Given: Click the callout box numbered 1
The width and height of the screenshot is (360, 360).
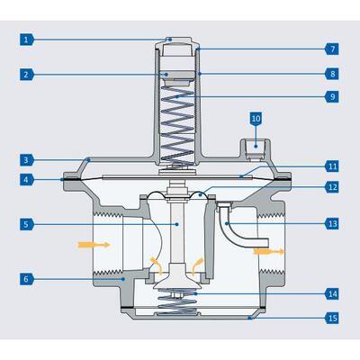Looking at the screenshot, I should coord(29,40).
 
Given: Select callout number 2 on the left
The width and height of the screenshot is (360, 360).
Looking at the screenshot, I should coord(29,74).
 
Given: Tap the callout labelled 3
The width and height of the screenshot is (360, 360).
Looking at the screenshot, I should coord(29,159).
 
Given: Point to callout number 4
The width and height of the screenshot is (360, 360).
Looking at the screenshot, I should coord(29,179).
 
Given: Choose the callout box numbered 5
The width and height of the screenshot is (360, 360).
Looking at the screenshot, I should coord(29,223).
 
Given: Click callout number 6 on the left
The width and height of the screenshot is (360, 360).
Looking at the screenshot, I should coord(29,279).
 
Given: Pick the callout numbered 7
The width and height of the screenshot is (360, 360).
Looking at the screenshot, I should coord(332,48).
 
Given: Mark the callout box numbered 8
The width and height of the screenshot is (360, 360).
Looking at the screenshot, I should coord(332,73).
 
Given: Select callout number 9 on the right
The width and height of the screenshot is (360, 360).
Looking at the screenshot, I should coord(332,96).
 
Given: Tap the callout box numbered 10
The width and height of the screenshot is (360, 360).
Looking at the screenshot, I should coord(256,119).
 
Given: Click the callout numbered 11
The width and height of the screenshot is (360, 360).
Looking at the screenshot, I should coord(332,166).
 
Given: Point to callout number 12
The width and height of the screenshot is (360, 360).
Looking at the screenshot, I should coord(332,187).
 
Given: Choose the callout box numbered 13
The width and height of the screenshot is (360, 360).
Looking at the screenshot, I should coord(332,222).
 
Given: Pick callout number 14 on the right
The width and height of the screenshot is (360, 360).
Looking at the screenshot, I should coord(332,293).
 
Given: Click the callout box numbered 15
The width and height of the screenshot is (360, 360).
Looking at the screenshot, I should coord(332,318).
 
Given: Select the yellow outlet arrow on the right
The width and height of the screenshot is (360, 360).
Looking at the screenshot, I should coord(268,253).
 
